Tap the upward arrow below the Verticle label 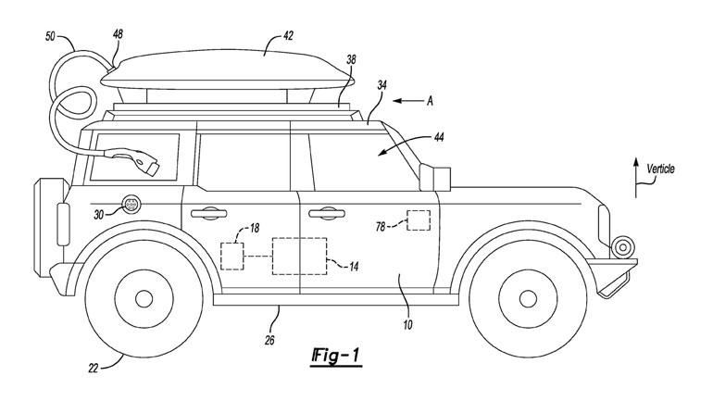tap(635, 176)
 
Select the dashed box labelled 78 tap(419, 220)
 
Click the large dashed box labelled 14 tap(298, 255)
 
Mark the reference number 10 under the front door tap(407, 325)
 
